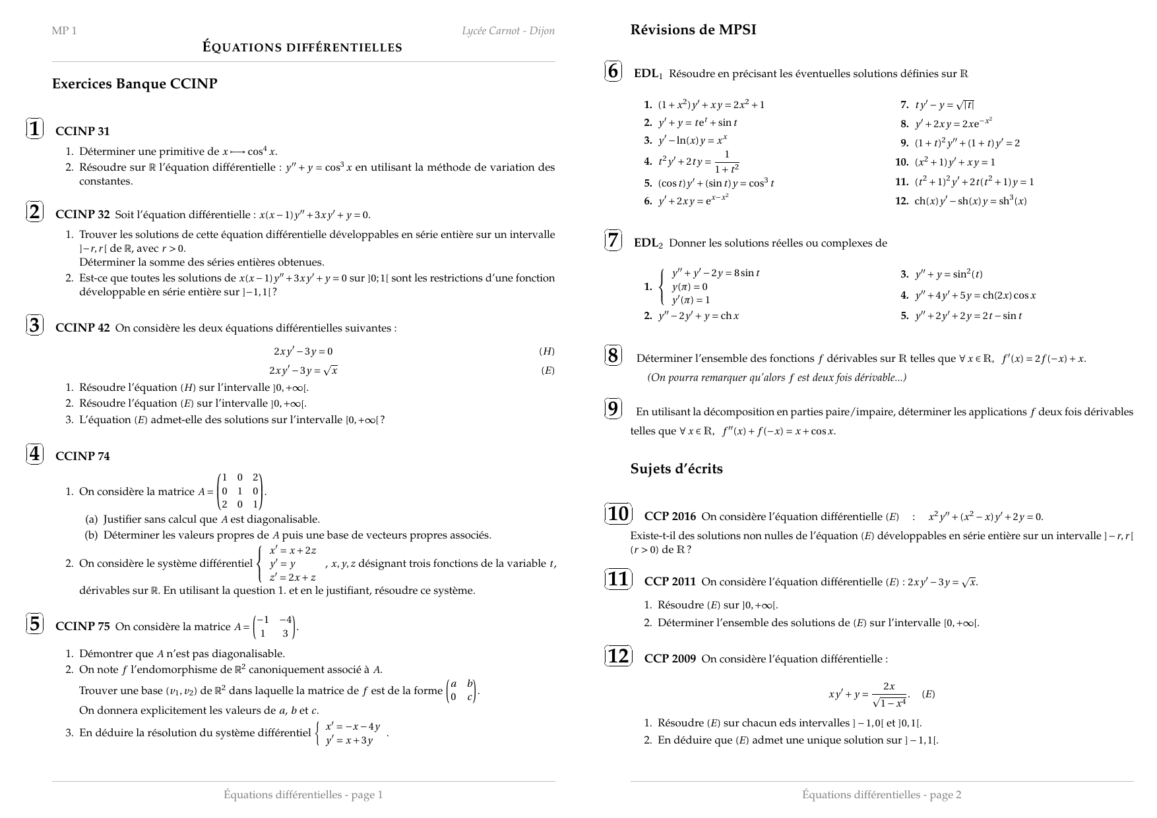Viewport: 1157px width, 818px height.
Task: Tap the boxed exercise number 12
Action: [618, 657]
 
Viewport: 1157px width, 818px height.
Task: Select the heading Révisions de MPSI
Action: [693, 30]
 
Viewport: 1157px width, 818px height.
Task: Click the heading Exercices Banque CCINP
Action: [135, 84]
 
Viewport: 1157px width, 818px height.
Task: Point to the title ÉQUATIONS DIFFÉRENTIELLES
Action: [302, 47]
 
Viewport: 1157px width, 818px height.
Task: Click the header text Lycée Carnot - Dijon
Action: [508, 31]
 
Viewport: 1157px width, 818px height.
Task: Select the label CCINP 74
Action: [82, 456]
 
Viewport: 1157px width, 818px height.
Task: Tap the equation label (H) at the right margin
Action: [547, 351]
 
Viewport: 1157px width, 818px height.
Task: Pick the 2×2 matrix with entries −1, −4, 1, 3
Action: [275, 627]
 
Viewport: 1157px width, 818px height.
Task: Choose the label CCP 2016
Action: [670, 517]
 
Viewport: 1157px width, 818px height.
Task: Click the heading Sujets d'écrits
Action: [676, 469]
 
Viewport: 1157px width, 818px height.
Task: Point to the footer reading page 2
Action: [881, 795]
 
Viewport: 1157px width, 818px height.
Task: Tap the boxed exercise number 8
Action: [613, 356]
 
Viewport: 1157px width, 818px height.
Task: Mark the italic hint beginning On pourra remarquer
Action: [776, 378]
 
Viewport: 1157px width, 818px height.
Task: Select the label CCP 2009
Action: [670, 659]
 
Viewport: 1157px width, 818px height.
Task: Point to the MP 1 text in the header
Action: [64, 31]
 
